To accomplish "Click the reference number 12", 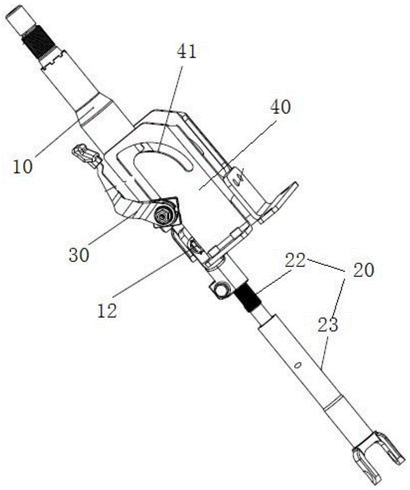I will point(107,310).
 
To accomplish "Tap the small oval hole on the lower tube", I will point(296,365).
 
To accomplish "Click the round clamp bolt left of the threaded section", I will point(220,290).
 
